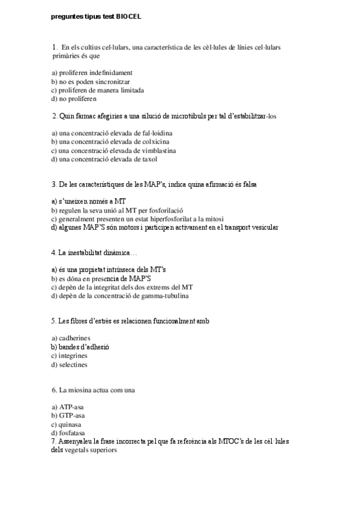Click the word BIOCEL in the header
(x=130, y=17)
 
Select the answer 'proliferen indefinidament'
(x=92, y=73)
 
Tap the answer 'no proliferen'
(x=78, y=98)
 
